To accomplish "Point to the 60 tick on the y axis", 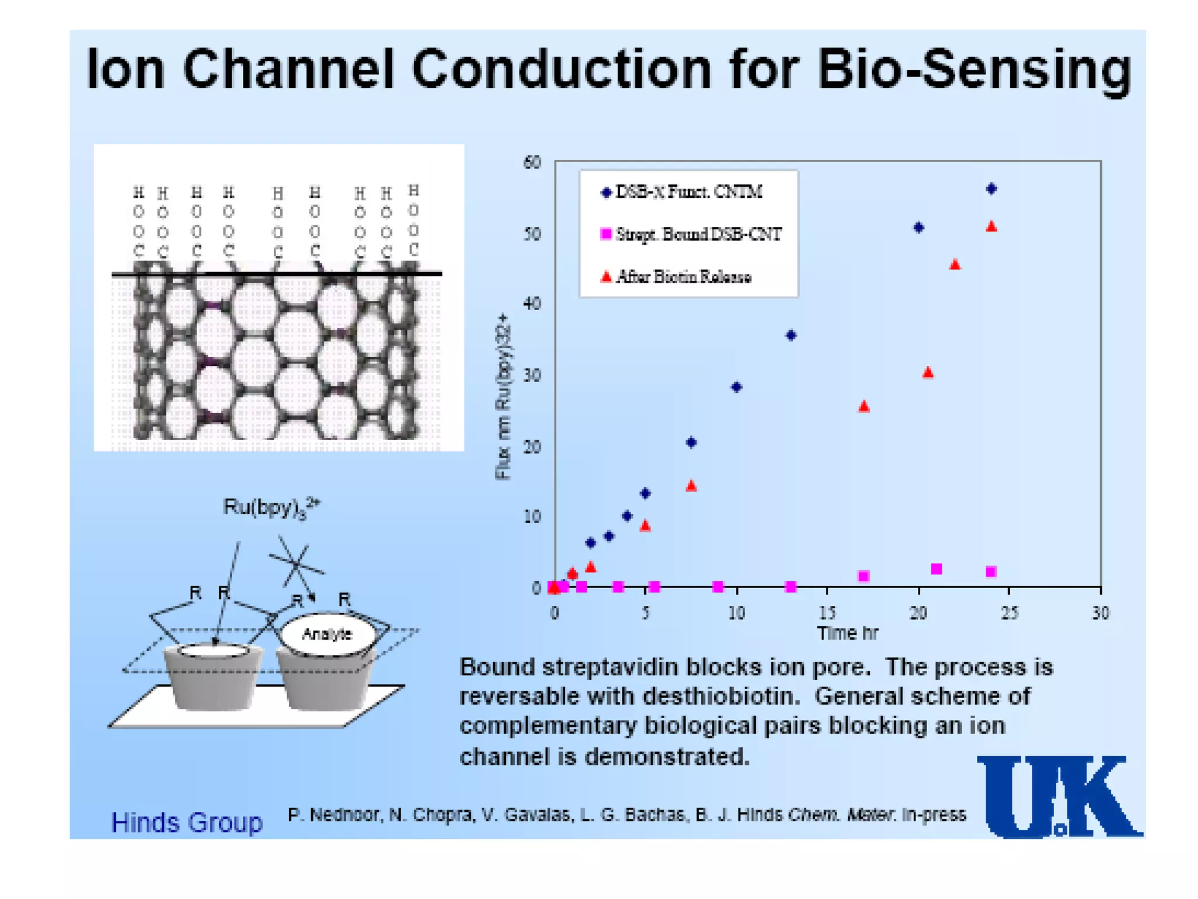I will [x=532, y=162].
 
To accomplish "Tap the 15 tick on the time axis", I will [x=827, y=613].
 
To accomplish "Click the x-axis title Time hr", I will [x=847, y=633].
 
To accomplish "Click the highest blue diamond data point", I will [x=991, y=188].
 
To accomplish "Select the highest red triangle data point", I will [x=991, y=227].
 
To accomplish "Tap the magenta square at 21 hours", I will [x=936, y=569].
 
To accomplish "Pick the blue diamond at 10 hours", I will [x=736, y=387].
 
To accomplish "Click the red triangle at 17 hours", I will [x=864, y=407].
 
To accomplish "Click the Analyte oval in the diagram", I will [x=328, y=634].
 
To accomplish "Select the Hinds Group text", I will [x=187, y=822].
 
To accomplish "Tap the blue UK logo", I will [x=1058, y=797].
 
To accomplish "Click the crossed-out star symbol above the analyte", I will [x=297, y=563].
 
